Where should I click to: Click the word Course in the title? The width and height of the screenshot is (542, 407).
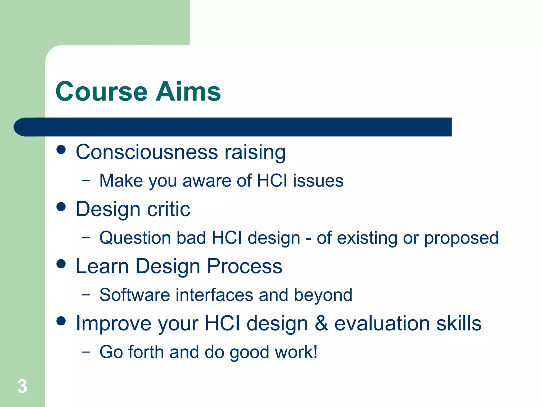pyautogui.click(x=101, y=92)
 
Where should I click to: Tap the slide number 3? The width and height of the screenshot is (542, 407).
pyautogui.click(x=22, y=386)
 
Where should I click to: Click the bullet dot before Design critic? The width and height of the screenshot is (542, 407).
pyautogui.click(x=61, y=207)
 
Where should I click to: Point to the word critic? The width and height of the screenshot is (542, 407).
pyautogui.click(x=168, y=209)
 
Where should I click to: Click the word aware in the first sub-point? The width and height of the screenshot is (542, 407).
pyautogui.click(x=207, y=181)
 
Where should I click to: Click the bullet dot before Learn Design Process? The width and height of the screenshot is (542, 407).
pyautogui.click(x=61, y=264)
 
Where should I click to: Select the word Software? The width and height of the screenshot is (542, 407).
pyautogui.click(x=134, y=295)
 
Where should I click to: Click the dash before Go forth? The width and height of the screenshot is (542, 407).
pyautogui.click(x=86, y=352)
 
